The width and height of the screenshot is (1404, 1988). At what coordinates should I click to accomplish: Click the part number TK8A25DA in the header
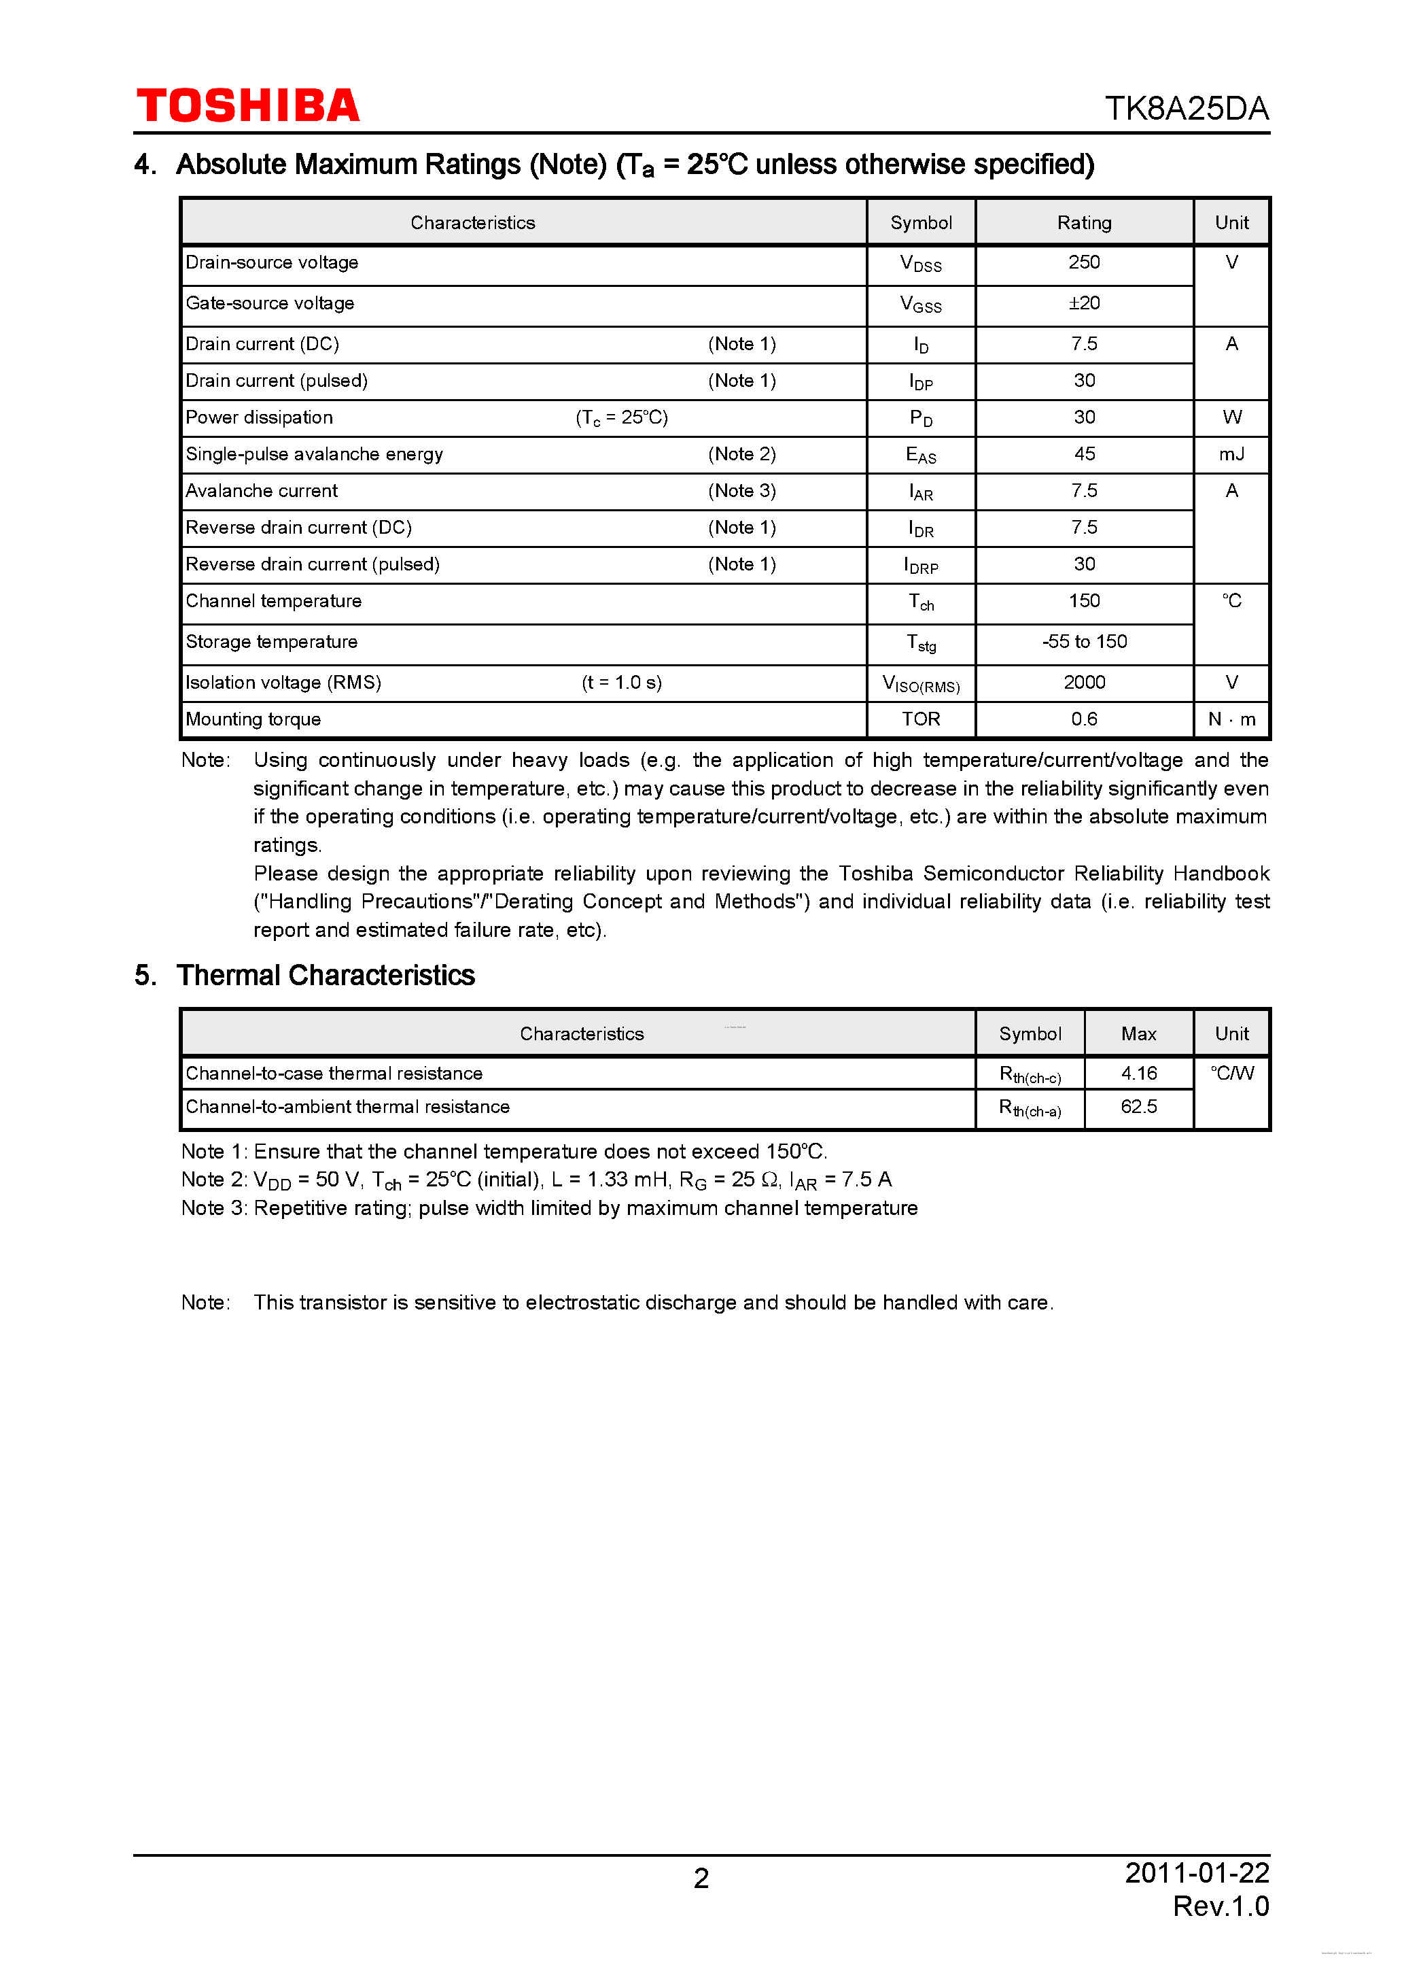[x=1186, y=108]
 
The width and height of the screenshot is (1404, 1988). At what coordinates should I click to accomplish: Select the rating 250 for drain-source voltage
[x=1084, y=262]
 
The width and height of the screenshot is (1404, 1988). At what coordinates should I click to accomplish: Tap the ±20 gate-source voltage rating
[x=1084, y=303]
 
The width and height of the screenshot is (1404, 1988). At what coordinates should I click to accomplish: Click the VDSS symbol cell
[x=920, y=264]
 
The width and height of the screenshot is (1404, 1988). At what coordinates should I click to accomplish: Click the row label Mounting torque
[x=253, y=719]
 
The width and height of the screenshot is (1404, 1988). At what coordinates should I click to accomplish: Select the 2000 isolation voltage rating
[x=1084, y=683]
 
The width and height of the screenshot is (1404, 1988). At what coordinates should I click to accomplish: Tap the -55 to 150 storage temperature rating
[x=1084, y=642]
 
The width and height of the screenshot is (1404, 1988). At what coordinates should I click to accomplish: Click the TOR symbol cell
[x=920, y=719]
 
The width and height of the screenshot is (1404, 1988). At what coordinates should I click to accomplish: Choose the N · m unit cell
[x=1231, y=719]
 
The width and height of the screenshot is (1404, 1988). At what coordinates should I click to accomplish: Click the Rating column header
[x=1084, y=222]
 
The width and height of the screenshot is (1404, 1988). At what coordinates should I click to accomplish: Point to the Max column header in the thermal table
[x=1138, y=1034]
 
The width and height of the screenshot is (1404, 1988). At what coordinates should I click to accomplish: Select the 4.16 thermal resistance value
[x=1138, y=1074]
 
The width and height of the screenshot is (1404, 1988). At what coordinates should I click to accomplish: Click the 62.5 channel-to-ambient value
[x=1138, y=1107]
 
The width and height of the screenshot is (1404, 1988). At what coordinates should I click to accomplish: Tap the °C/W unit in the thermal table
[x=1231, y=1074]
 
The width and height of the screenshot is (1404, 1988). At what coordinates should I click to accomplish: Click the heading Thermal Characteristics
[x=326, y=976]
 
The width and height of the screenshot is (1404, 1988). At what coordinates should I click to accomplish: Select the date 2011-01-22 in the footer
[x=1196, y=1873]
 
